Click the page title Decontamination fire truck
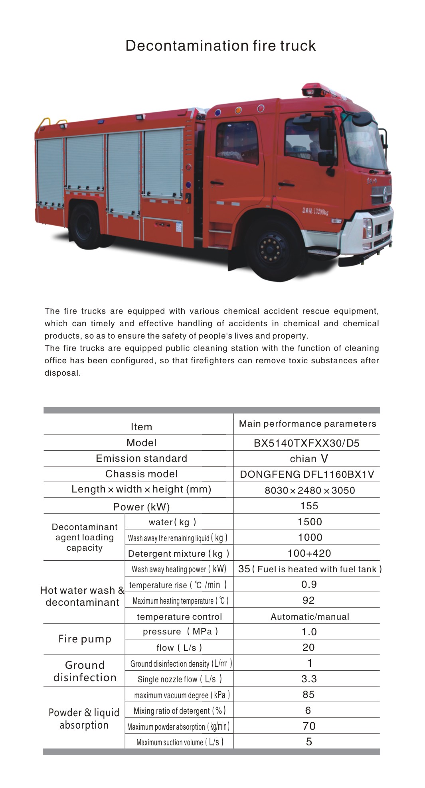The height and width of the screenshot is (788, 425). click(x=220, y=46)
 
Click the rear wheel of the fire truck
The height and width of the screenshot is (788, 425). click(x=85, y=226)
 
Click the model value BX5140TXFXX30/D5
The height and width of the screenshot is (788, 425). click(x=306, y=443)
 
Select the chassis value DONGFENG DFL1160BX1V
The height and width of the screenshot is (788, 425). click(x=306, y=474)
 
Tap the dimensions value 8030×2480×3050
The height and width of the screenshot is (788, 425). click(x=310, y=490)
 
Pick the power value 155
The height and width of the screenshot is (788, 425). click(x=309, y=506)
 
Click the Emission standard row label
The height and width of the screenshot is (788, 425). click(x=141, y=458)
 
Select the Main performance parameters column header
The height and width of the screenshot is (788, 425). click(x=307, y=424)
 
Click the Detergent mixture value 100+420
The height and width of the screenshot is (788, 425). click(x=309, y=553)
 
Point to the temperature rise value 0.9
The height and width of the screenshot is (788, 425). click(x=309, y=584)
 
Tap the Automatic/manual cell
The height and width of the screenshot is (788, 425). click(x=310, y=617)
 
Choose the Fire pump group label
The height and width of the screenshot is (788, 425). click(x=85, y=639)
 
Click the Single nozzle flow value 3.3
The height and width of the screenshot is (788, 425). click(x=309, y=679)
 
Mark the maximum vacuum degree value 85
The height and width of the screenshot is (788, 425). click(x=308, y=694)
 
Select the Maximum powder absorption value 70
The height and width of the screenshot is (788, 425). click(x=309, y=726)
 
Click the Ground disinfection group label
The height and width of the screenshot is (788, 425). click(x=85, y=671)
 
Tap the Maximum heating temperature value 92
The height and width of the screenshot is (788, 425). click(x=308, y=600)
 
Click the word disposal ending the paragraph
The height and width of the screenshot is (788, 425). click(x=62, y=373)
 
